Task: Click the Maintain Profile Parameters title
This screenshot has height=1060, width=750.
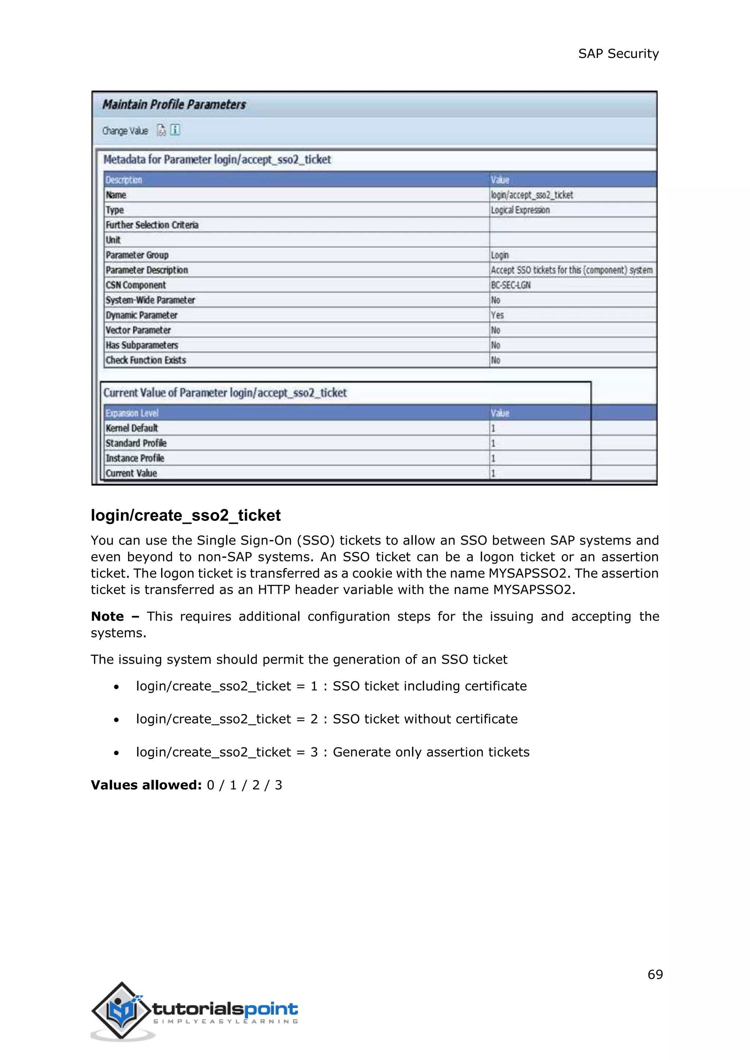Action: (x=174, y=105)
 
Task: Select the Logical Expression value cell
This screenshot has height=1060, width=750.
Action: (x=520, y=210)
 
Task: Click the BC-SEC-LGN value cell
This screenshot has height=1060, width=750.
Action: (x=511, y=285)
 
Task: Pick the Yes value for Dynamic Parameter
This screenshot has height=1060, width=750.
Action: (x=497, y=315)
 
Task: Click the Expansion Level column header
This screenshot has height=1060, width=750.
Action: (x=132, y=413)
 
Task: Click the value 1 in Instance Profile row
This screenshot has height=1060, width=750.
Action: (x=493, y=458)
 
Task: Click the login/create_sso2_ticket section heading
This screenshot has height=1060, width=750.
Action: (x=186, y=515)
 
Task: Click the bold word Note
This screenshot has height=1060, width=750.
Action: (x=108, y=617)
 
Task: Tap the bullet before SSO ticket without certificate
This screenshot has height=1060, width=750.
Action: (x=116, y=720)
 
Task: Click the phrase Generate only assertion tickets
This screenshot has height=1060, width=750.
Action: (x=431, y=752)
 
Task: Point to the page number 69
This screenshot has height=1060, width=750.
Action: (x=655, y=975)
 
